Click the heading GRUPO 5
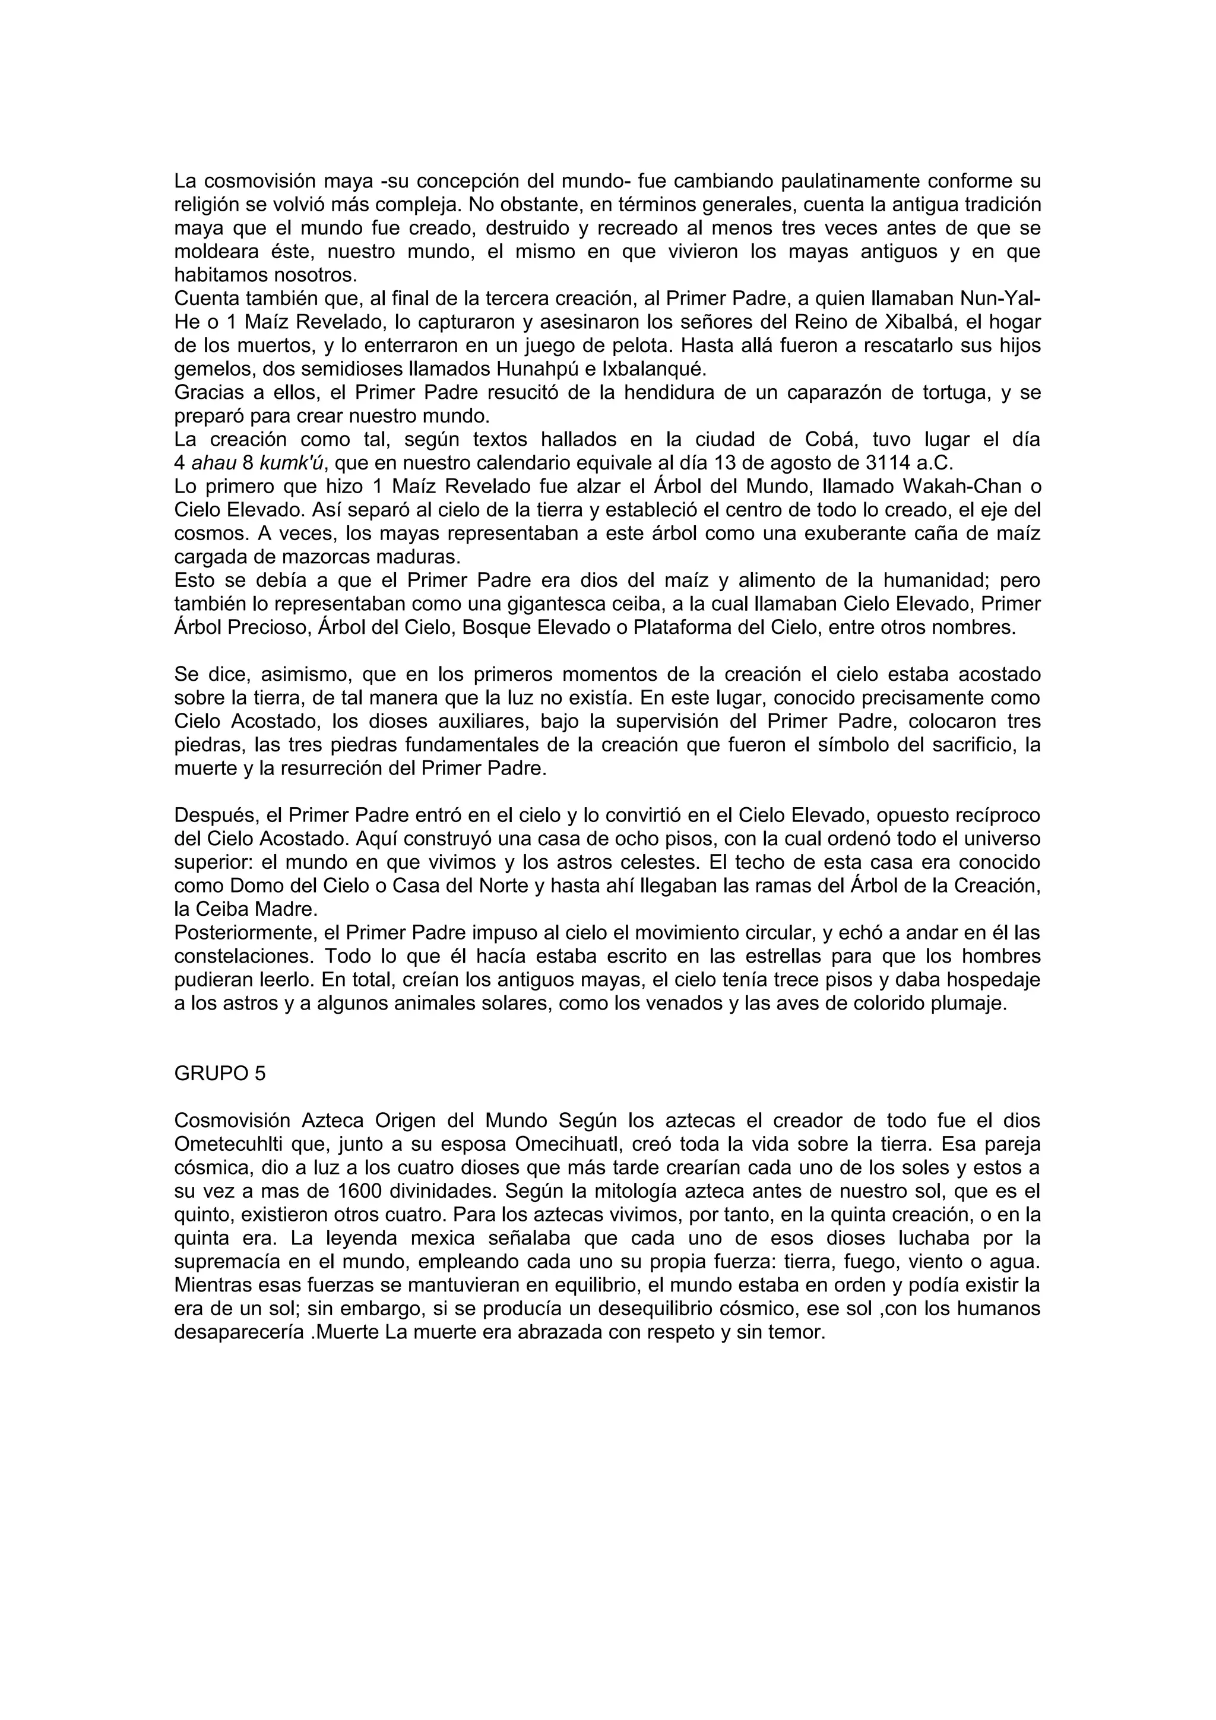[220, 1074]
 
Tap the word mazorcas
[315, 557]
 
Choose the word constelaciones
[243, 957]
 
